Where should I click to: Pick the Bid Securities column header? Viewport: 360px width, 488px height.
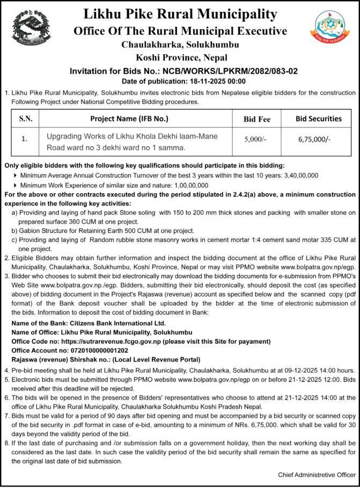[319, 119]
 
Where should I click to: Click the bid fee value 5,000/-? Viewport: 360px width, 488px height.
[255, 138]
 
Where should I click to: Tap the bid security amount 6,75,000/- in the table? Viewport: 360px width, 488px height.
[314, 138]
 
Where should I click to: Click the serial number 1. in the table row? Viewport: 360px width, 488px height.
[25, 138]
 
